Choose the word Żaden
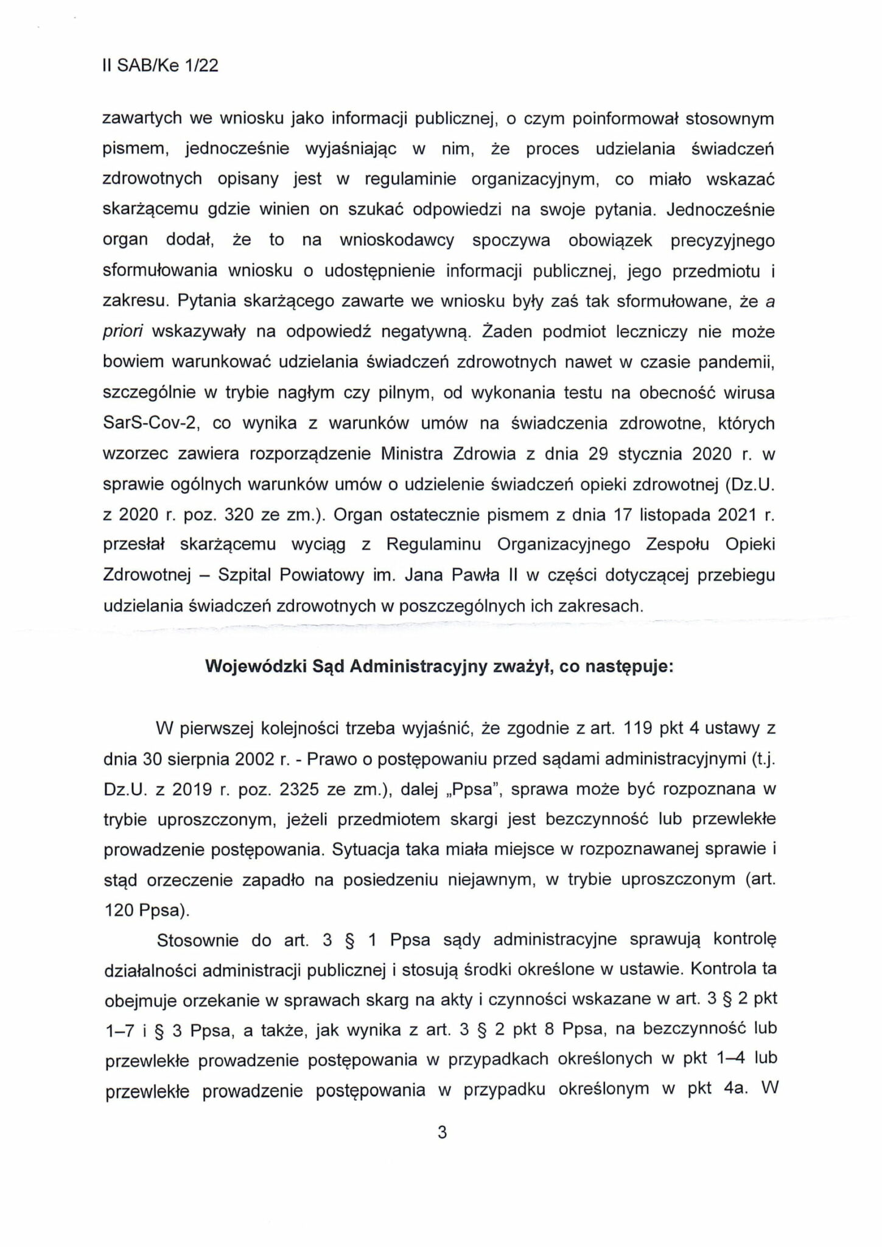click(510, 332)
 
